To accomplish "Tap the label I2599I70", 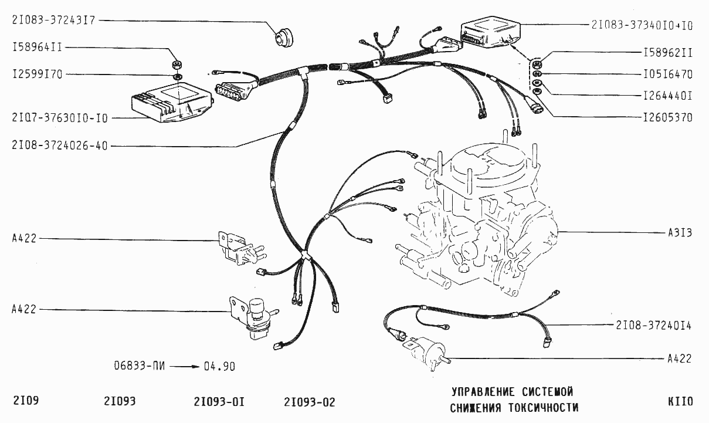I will [x=36, y=75].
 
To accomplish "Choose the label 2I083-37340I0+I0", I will [x=642, y=25].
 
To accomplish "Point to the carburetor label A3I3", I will [x=680, y=232].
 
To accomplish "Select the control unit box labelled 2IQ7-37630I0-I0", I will [x=170, y=101].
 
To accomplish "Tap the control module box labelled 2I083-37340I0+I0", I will [x=490, y=32].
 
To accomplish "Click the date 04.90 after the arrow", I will [x=219, y=366].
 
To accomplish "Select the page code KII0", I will [x=680, y=402].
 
